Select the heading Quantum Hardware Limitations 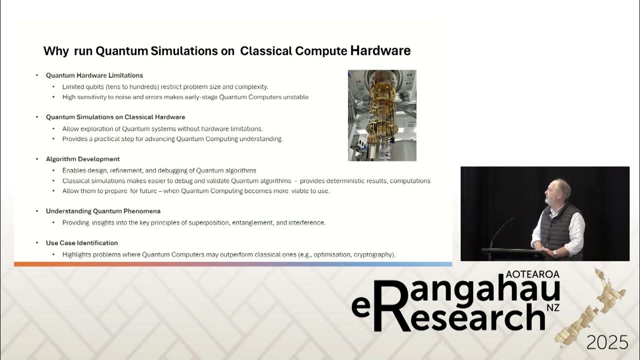94,75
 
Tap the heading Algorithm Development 82,159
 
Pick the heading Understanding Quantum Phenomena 103,211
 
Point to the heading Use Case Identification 82,243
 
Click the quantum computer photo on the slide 382,115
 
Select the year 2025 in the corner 607,342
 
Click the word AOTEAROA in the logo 532,274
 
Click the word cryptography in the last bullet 373,254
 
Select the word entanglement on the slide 252,222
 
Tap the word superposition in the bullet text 208,222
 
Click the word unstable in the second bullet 295,97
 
